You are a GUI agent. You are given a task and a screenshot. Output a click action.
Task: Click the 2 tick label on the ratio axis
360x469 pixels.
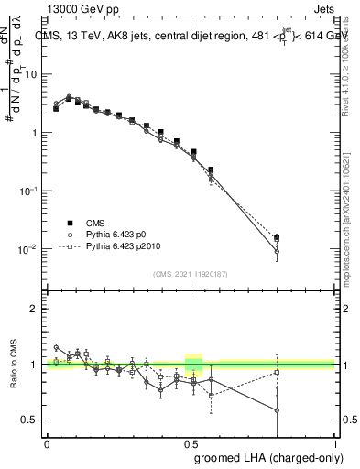click(x=36, y=310)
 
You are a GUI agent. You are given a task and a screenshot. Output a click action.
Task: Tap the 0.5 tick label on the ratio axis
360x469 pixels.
click(x=32, y=420)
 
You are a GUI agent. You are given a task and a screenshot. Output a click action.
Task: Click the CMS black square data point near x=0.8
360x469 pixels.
click(x=277, y=237)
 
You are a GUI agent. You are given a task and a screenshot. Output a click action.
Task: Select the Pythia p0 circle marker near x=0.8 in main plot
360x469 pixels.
click(x=277, y=252)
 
